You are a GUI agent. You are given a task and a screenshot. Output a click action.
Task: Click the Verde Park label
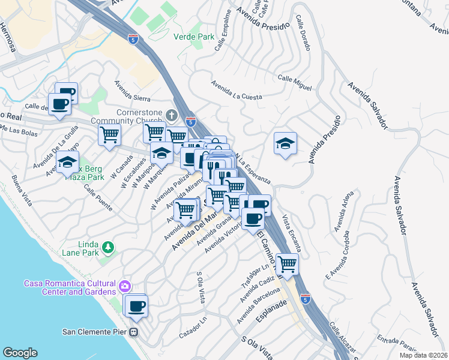[194, 37]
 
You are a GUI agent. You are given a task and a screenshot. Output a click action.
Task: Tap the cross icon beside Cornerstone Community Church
[172, 114]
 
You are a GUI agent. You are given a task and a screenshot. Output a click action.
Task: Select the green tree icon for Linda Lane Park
[107, 247]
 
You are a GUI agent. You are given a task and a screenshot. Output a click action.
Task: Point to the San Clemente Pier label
[95, 331]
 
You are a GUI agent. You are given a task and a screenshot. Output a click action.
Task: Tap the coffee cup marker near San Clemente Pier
[136, 305]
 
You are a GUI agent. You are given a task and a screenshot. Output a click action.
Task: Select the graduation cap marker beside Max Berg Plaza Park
[68, 162]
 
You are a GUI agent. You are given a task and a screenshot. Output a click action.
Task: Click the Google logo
[20, 353]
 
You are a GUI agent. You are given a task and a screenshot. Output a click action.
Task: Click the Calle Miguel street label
[294, 83]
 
